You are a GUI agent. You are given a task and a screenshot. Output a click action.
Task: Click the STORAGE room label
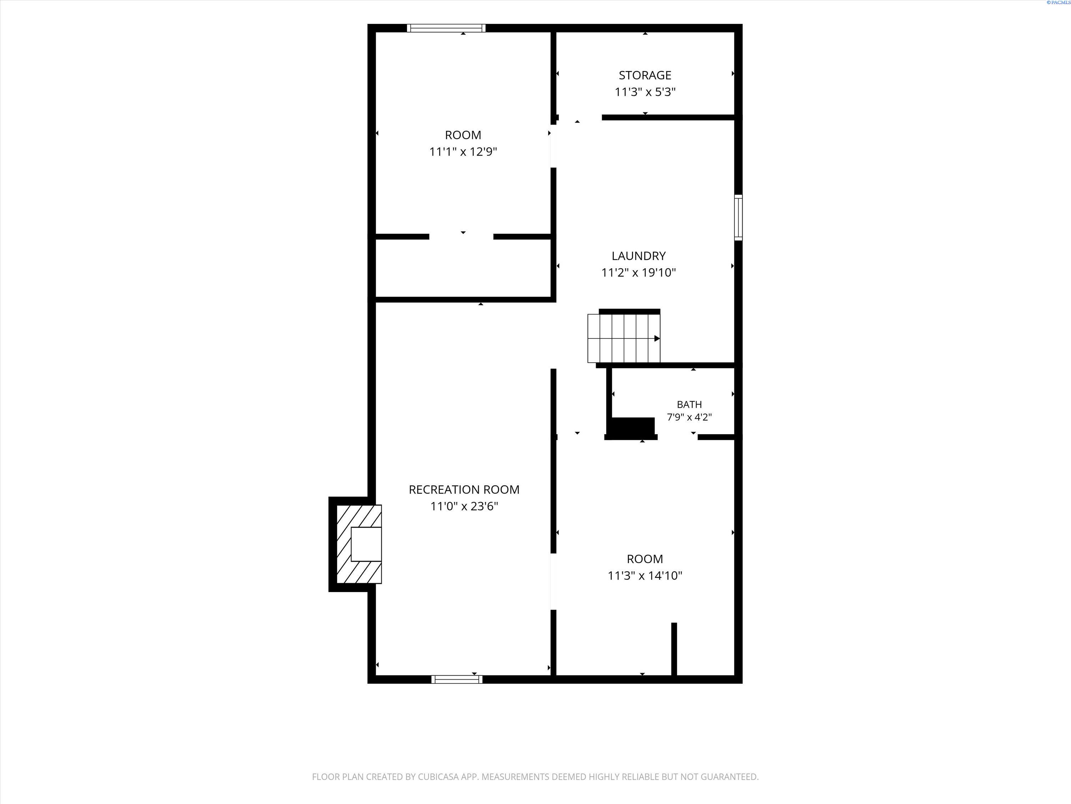click(x=645, y=75)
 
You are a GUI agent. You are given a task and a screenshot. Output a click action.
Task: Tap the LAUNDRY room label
click(x=638, y=256)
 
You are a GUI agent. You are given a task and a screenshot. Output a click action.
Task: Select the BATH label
click(x=689, y=404)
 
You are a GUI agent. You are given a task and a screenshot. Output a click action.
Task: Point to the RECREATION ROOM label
click(x=464, y=490)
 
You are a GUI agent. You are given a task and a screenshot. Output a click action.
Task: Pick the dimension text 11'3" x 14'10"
click(x=645, y=575)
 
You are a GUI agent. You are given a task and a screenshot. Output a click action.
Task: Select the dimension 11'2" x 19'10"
click(x=638, y=272)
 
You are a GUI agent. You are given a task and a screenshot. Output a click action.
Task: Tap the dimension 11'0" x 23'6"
click(x=464, y=506)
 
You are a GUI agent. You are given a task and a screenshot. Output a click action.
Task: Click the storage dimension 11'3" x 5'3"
click(x=645, y=91)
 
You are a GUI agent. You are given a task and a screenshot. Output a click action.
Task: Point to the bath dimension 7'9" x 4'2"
click(x=689, y=417)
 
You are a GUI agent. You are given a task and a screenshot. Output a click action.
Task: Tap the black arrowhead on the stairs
click(x=657, y=338)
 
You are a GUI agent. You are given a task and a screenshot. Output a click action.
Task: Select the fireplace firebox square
click(x=366, y=544)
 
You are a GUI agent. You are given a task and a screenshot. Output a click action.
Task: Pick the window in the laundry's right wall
click(x=738, y=217)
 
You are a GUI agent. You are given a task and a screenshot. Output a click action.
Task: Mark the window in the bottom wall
click(x=457, y=679)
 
